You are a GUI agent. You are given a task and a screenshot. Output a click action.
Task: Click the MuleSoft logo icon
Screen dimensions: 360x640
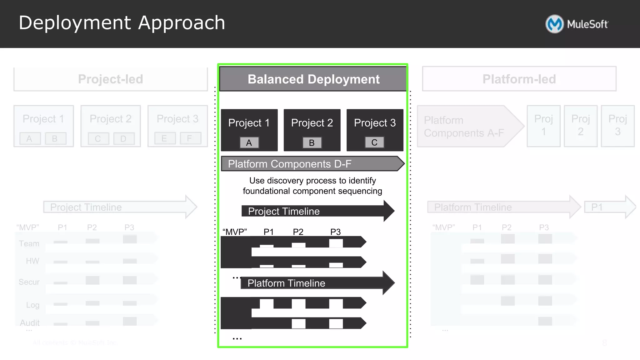click(x=554, y=24)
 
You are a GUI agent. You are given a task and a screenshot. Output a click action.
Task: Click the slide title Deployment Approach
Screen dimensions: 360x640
click(x=122, y=23)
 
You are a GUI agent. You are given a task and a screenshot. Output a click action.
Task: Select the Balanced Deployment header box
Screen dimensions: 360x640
click(x=313, y=79)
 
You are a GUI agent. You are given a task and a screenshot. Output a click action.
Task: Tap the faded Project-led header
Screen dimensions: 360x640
click(x=111, y=79)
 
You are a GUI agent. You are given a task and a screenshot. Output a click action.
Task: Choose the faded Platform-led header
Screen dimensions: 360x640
click(x=519, y=79)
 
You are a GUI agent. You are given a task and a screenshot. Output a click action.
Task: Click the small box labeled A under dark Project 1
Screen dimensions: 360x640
click(x=249, y=143)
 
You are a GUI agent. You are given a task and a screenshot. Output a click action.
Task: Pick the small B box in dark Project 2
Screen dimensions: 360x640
click(x=312, y=143)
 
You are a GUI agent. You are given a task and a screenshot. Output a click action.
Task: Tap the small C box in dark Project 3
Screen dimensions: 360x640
click(x=374, y=142)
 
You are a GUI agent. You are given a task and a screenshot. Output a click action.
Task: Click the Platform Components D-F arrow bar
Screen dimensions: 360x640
click(x=312, y=164)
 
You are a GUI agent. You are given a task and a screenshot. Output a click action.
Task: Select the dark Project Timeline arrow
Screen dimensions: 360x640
click(x=317, y=211)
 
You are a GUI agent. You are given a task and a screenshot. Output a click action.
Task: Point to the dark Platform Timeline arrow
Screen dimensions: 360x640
click(x=317, y=283)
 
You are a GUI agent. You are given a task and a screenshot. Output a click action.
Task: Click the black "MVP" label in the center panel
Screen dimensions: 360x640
click(x=235, y=232)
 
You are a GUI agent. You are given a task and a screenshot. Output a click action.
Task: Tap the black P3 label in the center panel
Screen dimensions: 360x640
click(x=335, y=232)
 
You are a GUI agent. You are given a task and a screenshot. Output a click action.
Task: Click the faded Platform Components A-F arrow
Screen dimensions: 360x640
click(x=469, y=127)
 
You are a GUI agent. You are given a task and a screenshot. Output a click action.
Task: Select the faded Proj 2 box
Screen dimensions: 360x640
click(x=580, y=126)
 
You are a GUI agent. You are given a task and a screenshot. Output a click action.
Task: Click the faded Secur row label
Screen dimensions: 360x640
click(x=29, y=282)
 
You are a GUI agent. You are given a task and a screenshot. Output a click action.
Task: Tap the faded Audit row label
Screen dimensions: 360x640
click(x=30, y=322)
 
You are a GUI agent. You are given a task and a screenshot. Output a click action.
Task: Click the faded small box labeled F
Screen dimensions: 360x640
click(x=190, y=138)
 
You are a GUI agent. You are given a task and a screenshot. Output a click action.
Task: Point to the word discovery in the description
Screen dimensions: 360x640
click(x=285, y=181)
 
